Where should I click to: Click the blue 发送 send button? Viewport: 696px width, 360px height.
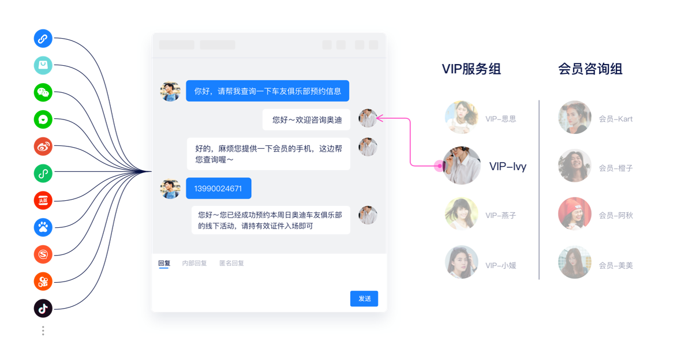click(x=364, y=298)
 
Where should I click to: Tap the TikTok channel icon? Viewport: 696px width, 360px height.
click(x=43, y=309)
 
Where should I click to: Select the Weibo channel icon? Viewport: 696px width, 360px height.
click(x=43, y=147)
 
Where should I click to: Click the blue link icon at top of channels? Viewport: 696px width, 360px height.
click(x=43, y=39)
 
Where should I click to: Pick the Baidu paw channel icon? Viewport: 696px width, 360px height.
click(x=43, y=227)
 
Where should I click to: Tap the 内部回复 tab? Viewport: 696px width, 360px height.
click(x=194, y=263)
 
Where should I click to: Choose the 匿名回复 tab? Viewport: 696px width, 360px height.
click(x=231, y=263)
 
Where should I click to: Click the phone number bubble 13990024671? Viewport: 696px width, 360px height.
click(x=218, y=188)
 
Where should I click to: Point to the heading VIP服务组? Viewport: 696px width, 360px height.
click(x=471, y=69)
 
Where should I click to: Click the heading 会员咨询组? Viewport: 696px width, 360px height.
click(x=590, y=69)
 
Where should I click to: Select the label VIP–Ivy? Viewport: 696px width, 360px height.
click(x=508, y=167)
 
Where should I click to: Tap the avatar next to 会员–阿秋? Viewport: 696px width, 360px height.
click(x=574, y=213)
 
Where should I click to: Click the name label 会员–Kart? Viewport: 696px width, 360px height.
click(x=616, y=119)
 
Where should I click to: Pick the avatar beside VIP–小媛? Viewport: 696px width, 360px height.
click(x=462, y=262)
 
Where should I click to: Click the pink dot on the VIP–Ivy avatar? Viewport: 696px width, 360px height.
click(x=439, y=166)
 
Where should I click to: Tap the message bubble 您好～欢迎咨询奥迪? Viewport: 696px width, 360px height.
click(x=306, y=119)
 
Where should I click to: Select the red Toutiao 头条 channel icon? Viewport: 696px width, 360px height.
click(x=43, y=200)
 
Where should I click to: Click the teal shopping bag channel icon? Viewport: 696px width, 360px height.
click(x=43, y=65)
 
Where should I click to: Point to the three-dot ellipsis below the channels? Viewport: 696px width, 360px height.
click(x=43, y=331)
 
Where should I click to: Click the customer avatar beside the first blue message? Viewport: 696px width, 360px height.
click(x=170, y=91)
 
